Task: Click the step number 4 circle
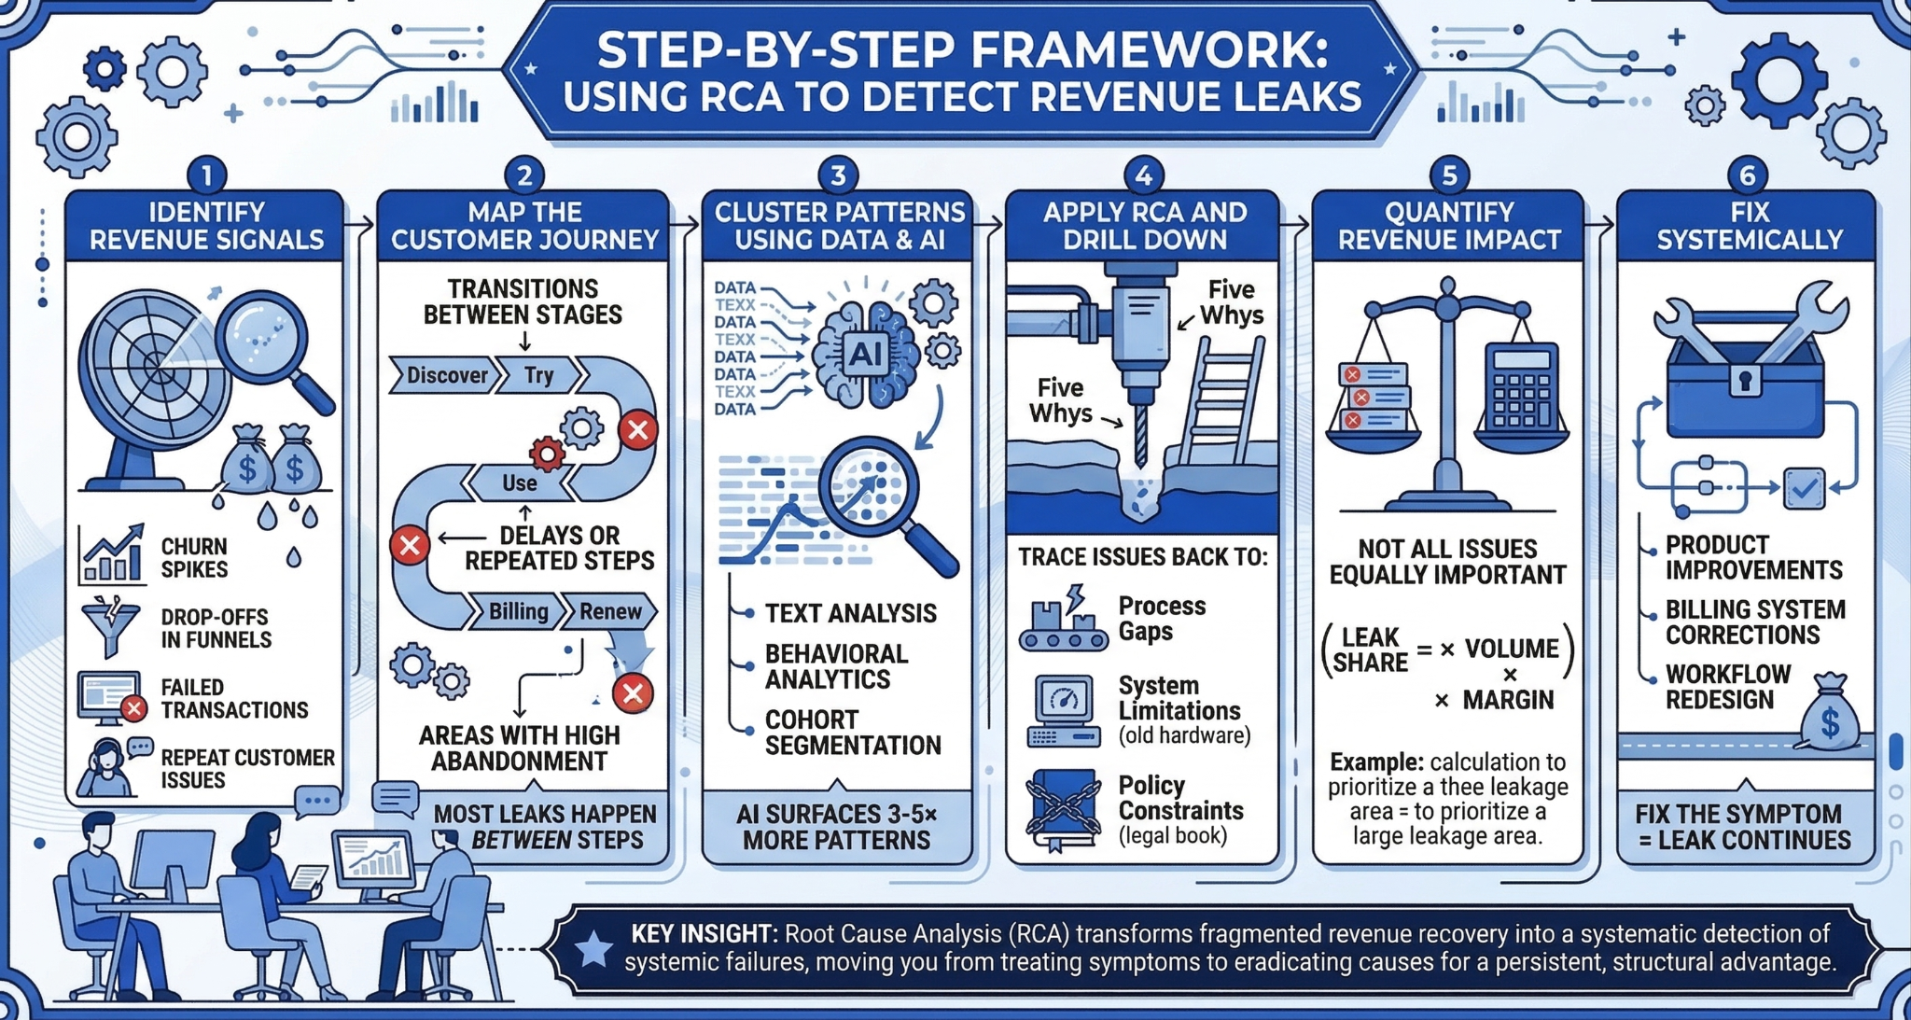pyautogui.click(x=1144, y=175)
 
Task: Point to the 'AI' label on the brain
pyautogui.click(x=864, y=354)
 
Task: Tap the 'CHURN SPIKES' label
pyautogui.click(x=194, y=558)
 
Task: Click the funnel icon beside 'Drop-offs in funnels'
pyautogui.click(x=111, y=625)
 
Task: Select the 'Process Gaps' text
pyautogui.click(x=1162, y=619)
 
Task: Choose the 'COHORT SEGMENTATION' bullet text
pyautogui.click(x=852, y=733)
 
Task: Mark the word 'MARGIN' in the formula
pyautogui.click(x=1508, y=700)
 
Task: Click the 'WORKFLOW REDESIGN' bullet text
pyautogui.click(x=1727, y=687)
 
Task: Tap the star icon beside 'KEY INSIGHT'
pyautogui.click(x=593, y=949)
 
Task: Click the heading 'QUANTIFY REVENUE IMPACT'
pyautogui.click(x=1449, y=226)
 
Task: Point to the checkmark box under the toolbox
pyautogui.click(x=1804, y=488)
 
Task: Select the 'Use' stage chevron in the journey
pyautogui.click(x=519, y=482)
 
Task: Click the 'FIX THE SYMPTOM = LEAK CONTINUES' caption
pyautogui.click(x=1744, y=827)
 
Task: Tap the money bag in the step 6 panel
pyautogui.click(x=1829, y=715)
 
